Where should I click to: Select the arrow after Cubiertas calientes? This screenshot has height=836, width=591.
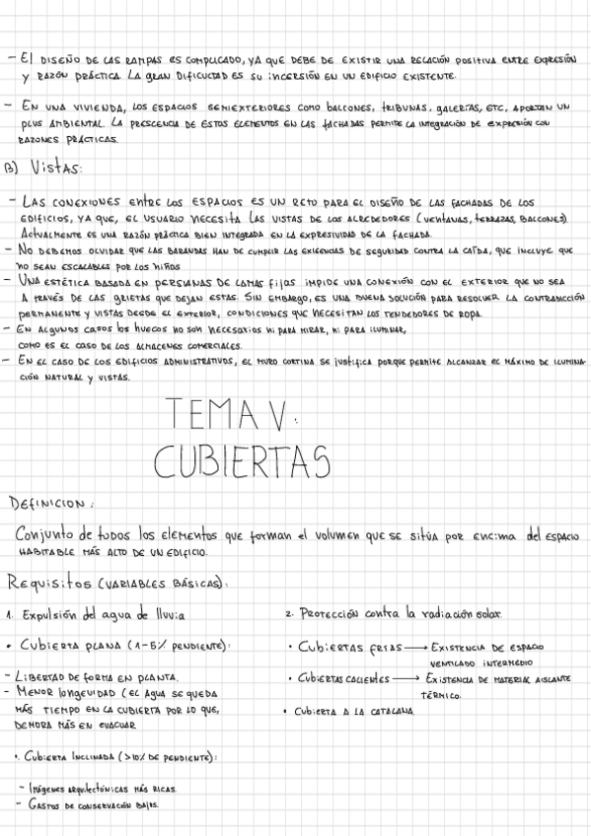pos(405,679)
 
